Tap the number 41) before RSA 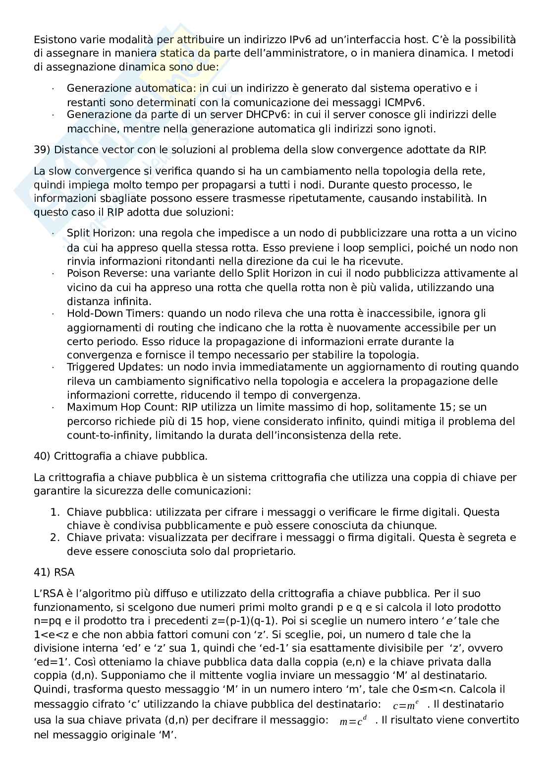pos(42,572)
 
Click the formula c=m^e pos(406,705)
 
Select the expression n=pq pos(47,621)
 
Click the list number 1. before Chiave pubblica pos(55,512)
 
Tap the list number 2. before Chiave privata pos(55,538)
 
